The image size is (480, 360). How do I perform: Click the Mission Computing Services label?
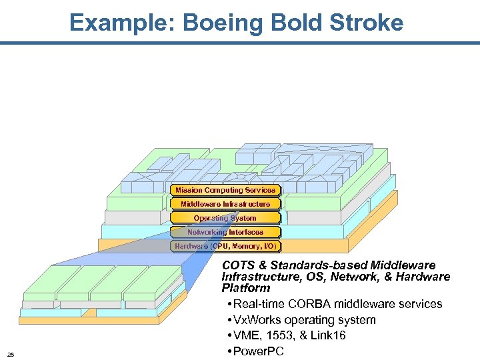click(225, 190)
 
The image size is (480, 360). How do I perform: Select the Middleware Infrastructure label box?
click(225, 204)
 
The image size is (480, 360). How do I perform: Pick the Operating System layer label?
click(225, 218)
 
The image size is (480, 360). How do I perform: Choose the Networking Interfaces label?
click(225, 232)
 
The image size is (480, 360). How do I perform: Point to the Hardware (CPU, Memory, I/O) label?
click(225, 246)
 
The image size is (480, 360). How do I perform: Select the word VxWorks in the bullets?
click(261, 320)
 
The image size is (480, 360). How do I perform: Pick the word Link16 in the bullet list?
click(328, 335)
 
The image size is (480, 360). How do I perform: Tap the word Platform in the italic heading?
click(246, 288)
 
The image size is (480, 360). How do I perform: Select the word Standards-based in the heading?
click(313, 265)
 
